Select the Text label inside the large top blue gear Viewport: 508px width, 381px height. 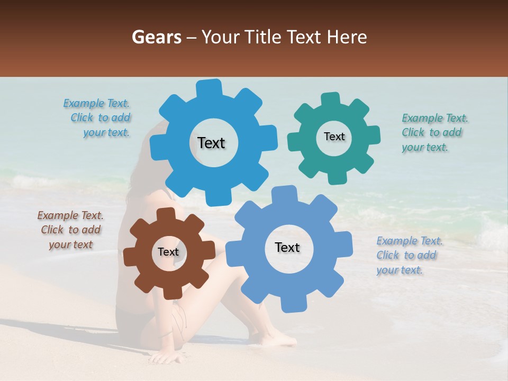(211, 143)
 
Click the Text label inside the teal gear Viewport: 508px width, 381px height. (334, 137)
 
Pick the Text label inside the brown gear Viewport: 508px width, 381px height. (168, 252)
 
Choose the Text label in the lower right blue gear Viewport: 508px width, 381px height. (287, 247)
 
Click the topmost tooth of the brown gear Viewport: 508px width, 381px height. (166, 214)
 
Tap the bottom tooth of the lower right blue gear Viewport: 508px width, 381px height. (290, 304)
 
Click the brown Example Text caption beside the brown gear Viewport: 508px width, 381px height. (71, 230)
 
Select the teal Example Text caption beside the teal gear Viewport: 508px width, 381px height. (434, 132)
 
